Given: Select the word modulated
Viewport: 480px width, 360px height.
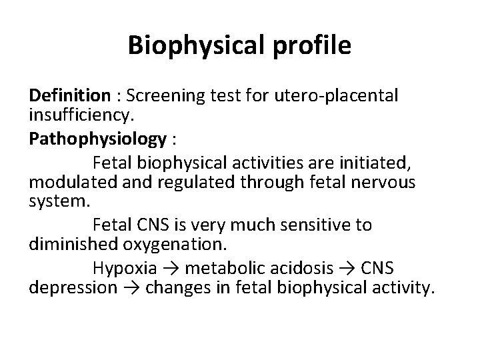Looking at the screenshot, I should [69, 182].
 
